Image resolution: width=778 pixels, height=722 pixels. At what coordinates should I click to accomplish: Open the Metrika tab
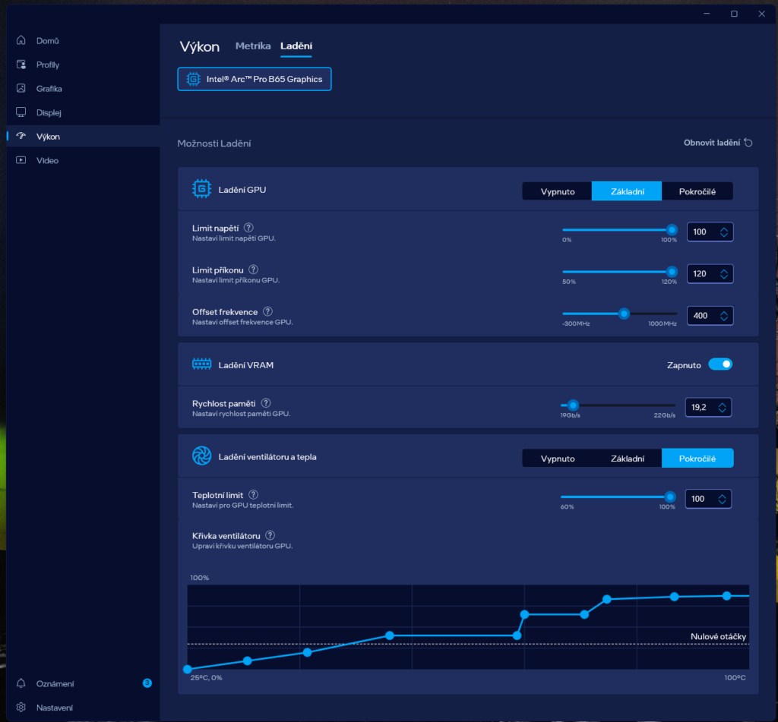click(x=253, y=46)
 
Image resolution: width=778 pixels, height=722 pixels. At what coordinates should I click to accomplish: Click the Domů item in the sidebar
click(x=48, y=41)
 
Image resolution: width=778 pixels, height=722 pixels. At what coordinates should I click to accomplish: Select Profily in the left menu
click(x=48, y=65)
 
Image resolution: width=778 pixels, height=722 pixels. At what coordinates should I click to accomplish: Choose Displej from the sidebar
click(x=49, y=112)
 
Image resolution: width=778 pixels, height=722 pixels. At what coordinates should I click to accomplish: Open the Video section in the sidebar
click(x=47, y=161)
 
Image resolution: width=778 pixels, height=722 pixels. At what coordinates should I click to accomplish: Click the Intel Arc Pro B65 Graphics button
click(x=255, y=80)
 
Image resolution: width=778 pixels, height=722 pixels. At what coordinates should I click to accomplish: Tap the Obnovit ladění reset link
click(x=718, y=143)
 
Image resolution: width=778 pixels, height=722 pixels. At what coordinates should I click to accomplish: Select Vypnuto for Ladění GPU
click(x=557, y=191)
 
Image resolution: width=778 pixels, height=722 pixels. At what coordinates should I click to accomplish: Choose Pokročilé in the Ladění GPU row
click(x=697, y=191)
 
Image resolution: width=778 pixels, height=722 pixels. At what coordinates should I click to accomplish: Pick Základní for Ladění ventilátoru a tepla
click(x=627, y=459)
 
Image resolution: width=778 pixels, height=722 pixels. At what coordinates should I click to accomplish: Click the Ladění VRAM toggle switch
click(x=720, y=364)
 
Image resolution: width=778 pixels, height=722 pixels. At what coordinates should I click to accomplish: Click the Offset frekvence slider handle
click(x=625, y=314)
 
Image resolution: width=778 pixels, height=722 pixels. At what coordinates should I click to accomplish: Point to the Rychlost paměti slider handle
click(x=573, y=405)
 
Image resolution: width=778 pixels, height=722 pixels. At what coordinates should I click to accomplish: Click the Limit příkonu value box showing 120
click(x=710, y=274)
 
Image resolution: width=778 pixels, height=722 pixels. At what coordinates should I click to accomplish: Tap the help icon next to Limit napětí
click(x=248, y=228)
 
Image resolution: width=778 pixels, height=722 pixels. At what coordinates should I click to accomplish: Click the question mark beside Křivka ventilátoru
click(x=270, y=535)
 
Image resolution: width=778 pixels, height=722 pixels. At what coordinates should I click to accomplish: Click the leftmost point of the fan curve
click(x=188, y=669)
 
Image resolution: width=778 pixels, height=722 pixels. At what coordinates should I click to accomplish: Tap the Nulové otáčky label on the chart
click(x=718, y=637)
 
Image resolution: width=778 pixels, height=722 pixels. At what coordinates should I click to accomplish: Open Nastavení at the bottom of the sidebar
click(x=54, y=708)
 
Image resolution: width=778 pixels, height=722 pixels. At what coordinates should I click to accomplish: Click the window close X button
click(x=761, y=14)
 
